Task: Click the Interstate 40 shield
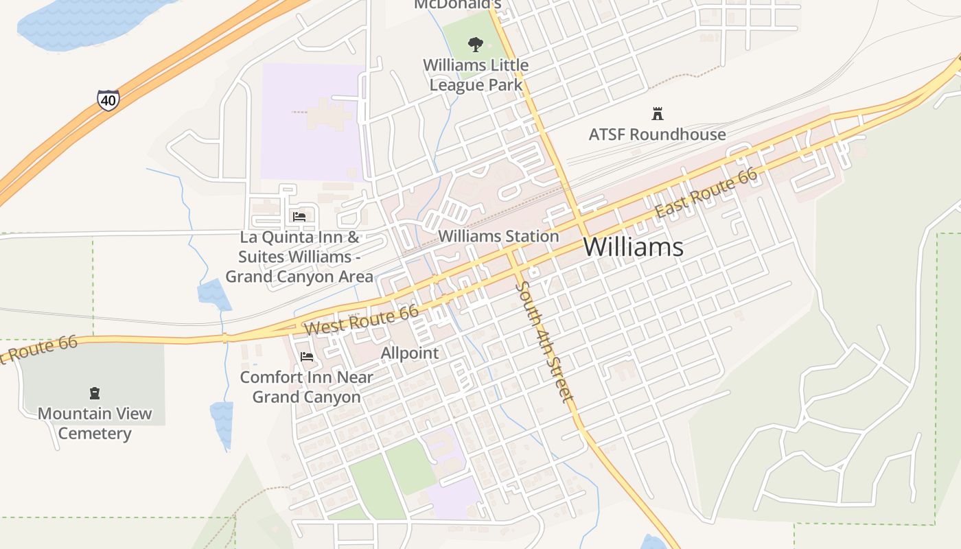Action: click(x=108, y=100)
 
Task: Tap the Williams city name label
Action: click(x=633, y=247)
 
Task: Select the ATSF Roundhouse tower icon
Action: click(x=658, y=114)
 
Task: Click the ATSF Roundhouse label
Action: click(x=657, y=135)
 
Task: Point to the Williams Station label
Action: click(x=498, y=236)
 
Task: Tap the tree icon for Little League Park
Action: click(x=474, y=45)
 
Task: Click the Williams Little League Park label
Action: click(x=476, y=75)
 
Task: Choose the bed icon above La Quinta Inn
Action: click(x=299, y=216)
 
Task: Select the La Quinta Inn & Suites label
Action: click(x=299, y=257)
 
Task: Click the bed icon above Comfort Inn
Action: click(x=307, y=357)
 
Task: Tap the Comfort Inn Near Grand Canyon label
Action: click(x=306, y=387)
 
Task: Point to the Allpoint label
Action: click(x=410, y=353)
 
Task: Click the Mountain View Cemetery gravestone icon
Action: click(x=95, y=393)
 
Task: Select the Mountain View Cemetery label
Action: click(x=95, y=423)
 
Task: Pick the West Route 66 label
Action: click(x=362, y=320)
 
